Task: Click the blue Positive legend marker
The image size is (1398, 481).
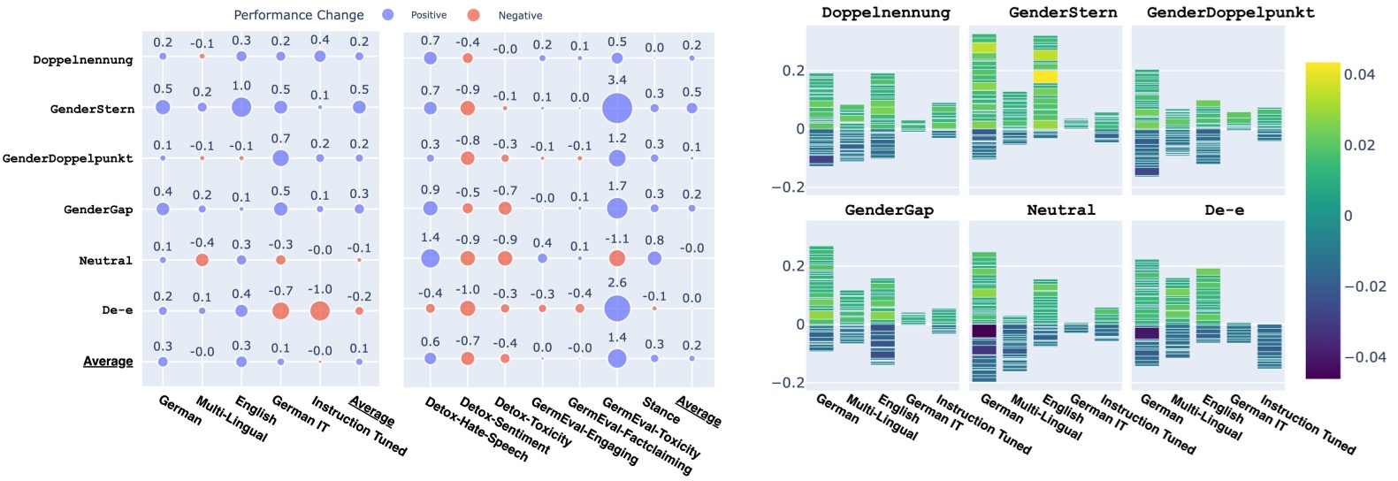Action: pyautogui.click(x=388, y=15)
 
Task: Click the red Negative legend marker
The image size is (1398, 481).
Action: pyautogui.click(x=474, y=15)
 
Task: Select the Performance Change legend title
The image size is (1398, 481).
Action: pyautogui.click(x=299, y=15)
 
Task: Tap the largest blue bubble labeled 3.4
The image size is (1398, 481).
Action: pyautogui.click(x=617, y=109)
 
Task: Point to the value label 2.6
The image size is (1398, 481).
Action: pyautogui.click(x=617, y=283)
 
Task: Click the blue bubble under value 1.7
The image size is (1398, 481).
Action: pyautogui.click(x=617, y=209)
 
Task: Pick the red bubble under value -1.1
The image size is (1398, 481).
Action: pyautogui.click(x=617, y=258)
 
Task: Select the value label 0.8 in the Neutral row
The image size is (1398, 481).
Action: pyautogui.click(x=654, y=240)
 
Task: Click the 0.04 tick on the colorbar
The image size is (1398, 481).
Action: pyautogui.click(x=1359, y=74)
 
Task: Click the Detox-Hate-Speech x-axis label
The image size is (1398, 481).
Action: pyautogui.click(x=476, y=430)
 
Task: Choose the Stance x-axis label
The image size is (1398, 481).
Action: pyautogui.click(x=661, y=411)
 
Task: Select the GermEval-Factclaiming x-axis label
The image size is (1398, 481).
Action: pyautogui.click(x=629, y=436)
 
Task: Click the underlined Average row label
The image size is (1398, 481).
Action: pyautogui.click(x=108, y=361)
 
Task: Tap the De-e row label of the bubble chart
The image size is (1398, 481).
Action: pyautogui.click(x=117, y=310)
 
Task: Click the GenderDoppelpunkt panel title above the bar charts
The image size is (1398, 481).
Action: pyautogui.click(x=1230, y=12)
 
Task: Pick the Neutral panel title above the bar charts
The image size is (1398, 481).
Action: pyautogui.click(x=1060, y=210)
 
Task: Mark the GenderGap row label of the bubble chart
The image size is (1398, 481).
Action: pyautogui.click(x=98, y=210)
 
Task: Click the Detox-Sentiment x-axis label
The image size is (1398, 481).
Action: pyautogui.click(x=504, y=425)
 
